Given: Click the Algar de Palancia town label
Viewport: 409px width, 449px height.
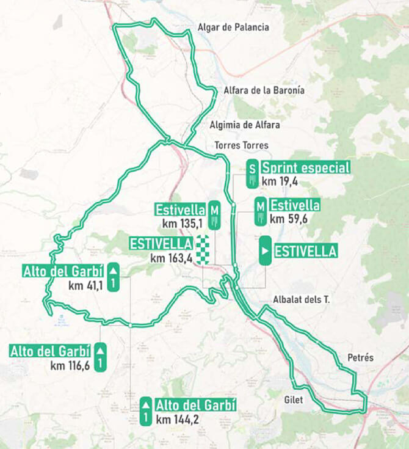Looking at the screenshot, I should pyautogui.click(x=233, y=27).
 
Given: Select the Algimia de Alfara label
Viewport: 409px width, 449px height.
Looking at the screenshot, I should pyautogui.click(x=244, y=125).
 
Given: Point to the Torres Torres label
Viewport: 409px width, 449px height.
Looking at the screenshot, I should pyautogui.click(x=241, y=145).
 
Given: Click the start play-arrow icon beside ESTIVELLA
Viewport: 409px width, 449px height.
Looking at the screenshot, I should pyautogui.click(x=265, y=250).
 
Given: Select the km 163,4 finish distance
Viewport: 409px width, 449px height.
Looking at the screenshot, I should pyautogui.click(x=172, y=258).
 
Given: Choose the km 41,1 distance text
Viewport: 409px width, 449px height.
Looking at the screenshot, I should pyautogui.click(x=85, y=285).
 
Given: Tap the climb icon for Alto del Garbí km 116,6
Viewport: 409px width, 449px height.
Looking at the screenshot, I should pyautogui.click(x=101, y=358).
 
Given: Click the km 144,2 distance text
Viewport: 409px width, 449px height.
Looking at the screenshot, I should pyautogui.click(x=178, y=420).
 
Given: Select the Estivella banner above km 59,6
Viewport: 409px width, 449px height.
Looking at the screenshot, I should pyautogui.click(x=295, y=205).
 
